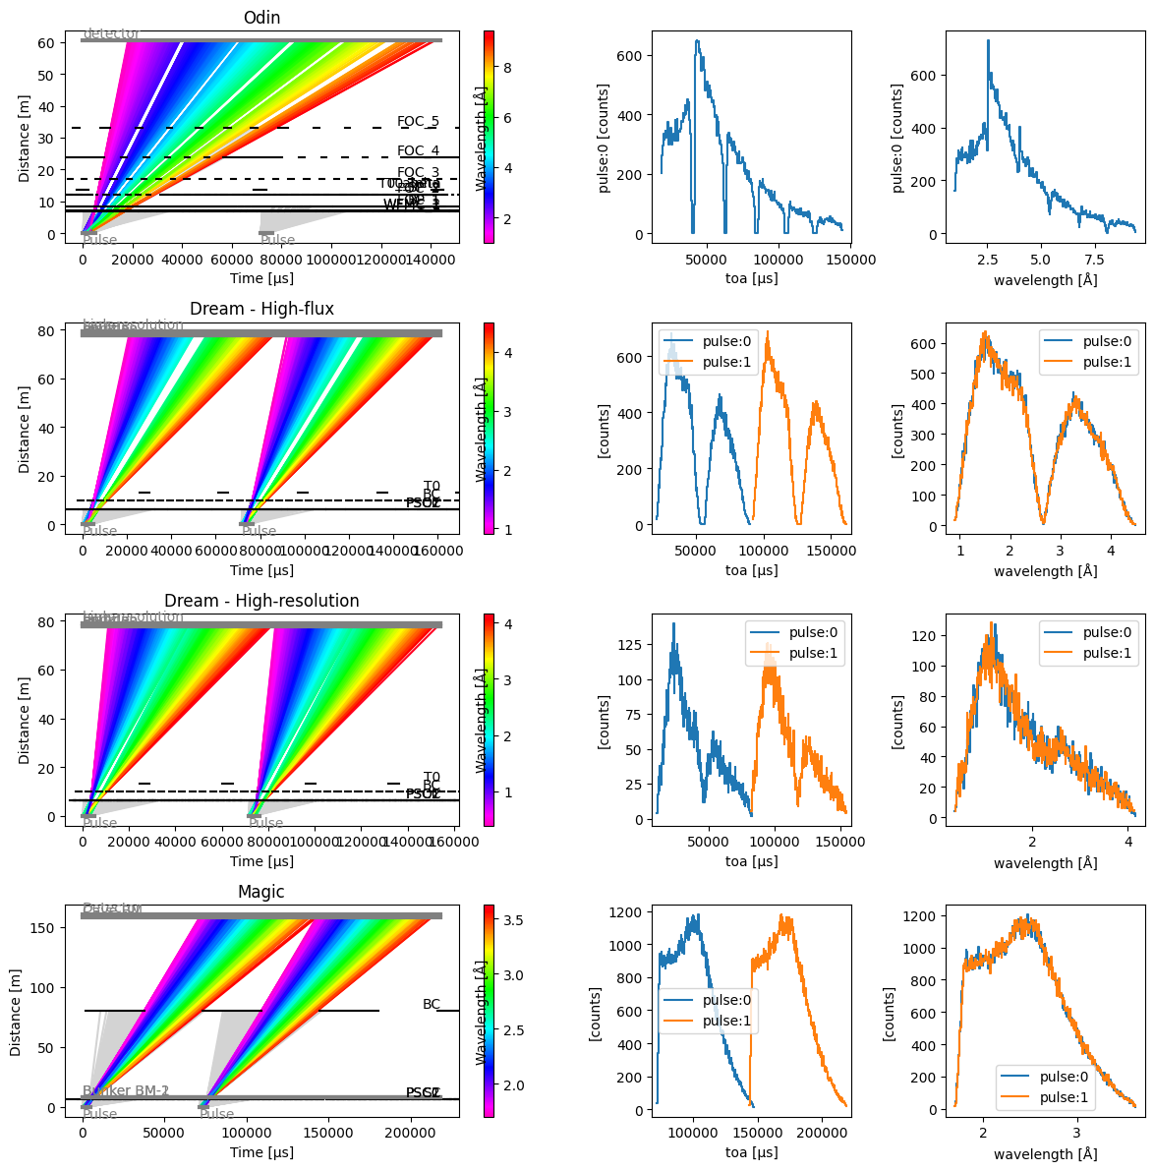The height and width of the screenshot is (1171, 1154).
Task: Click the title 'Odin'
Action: coord(261,17)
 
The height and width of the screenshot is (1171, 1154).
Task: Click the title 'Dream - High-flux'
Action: coord(261,309)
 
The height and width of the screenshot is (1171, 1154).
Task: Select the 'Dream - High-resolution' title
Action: coord(261,601)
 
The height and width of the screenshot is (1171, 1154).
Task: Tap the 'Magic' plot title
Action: coord(261,892)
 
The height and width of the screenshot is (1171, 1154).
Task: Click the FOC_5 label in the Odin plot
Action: coord(418,122)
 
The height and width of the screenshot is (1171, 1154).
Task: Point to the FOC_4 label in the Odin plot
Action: coord(418,151)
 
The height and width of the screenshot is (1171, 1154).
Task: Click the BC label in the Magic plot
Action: coord(432,1004)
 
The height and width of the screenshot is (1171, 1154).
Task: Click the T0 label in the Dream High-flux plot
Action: coord(432,486)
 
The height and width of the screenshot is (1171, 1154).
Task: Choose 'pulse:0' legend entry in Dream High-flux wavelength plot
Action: coord(1102,341)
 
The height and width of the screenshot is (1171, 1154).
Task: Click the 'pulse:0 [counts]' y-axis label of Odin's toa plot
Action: coord(605,138)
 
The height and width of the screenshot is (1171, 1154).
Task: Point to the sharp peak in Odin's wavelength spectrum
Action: coord(988,41)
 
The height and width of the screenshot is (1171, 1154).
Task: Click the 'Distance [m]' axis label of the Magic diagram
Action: coord(17,1012)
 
